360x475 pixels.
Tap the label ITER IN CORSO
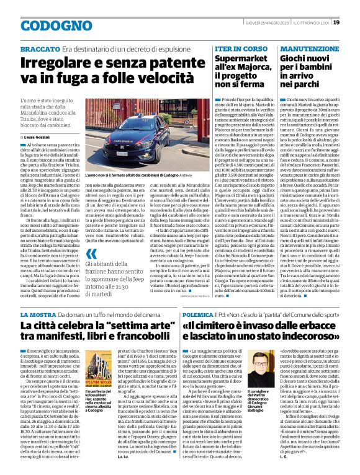click(x=233, y=48)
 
